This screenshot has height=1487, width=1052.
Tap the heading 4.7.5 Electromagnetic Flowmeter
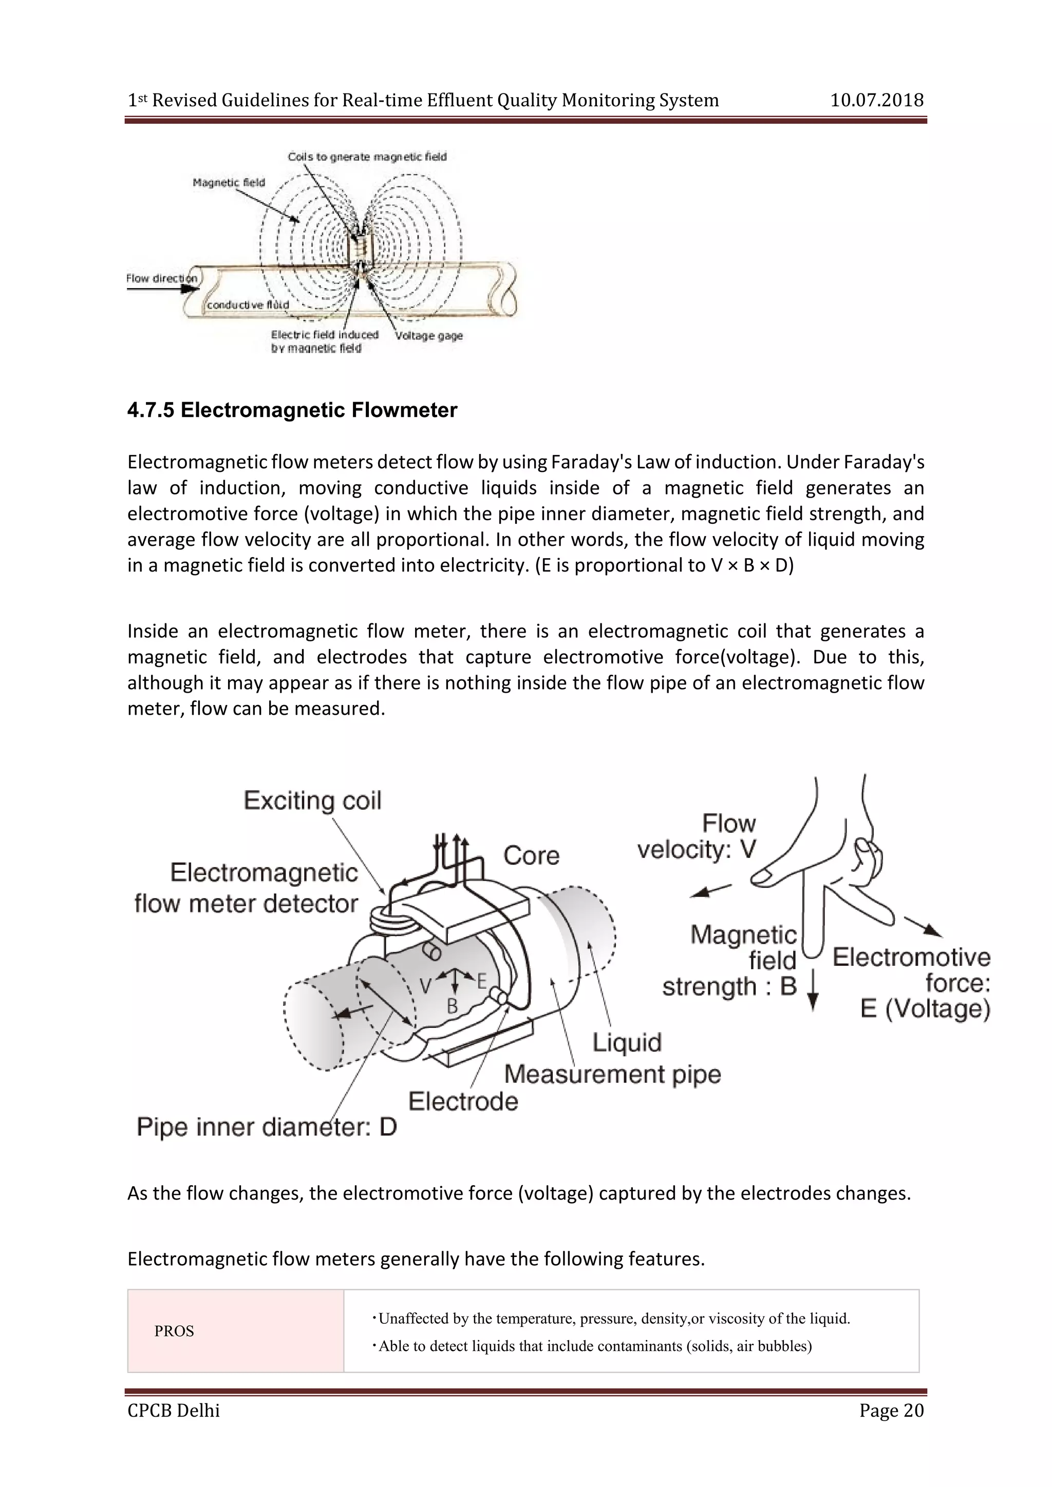tap(292, 410)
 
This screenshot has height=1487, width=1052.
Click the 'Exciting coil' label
tap(312, 801)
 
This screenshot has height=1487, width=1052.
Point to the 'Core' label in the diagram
tap(531, 855)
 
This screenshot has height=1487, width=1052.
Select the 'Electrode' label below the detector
tap(463, 1101)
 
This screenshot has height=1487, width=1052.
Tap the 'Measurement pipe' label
tap(612, 1074)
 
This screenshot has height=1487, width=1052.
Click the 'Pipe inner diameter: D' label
tap(266, 1127)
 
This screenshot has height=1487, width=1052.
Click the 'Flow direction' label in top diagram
tap(161, 278)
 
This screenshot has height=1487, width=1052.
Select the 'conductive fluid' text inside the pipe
tap(248, 304)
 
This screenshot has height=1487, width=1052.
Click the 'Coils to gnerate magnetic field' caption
tap(367, 157)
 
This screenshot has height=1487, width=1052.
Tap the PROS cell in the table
tap(174, 1331)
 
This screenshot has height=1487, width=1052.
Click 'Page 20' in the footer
tap(891, 1410)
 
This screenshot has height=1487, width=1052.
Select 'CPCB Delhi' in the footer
tap(174, 1410)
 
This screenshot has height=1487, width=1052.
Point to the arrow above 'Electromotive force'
tap(923, 926)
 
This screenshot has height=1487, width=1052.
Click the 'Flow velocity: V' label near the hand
tap(697, 836)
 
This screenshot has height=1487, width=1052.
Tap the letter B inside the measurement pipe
tap(452, 1006)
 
